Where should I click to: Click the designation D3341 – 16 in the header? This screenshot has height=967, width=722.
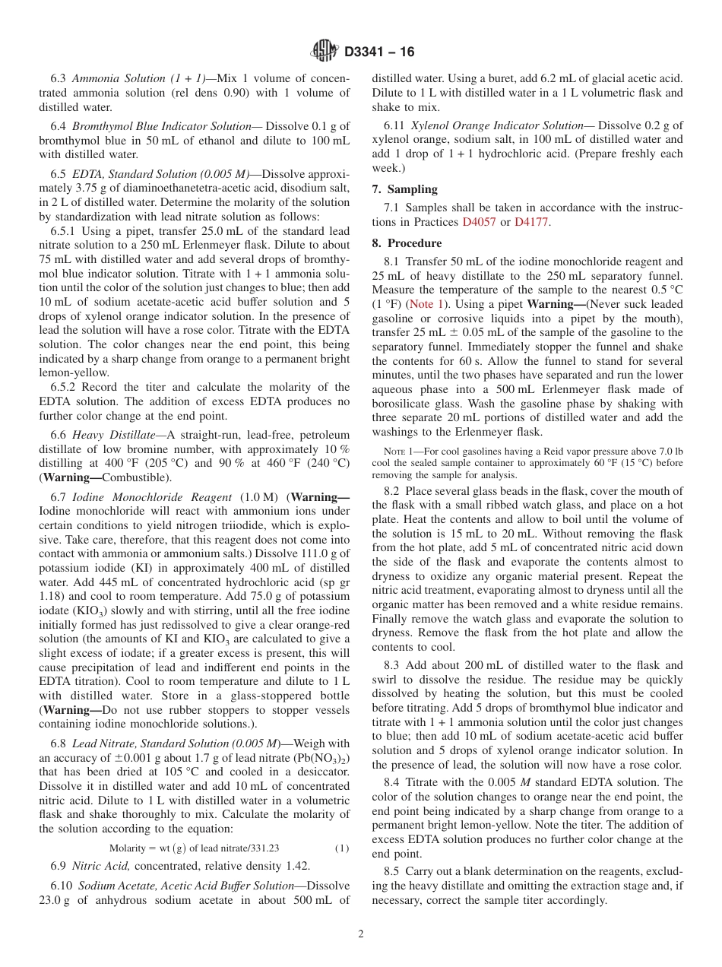coord(379,52)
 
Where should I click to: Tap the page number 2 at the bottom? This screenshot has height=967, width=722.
coord(361,934)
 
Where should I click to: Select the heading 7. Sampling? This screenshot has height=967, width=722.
coord(404,189)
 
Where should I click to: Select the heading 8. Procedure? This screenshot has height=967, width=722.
coord(407,243)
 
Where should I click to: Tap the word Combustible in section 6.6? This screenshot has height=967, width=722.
coord(135,477)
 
